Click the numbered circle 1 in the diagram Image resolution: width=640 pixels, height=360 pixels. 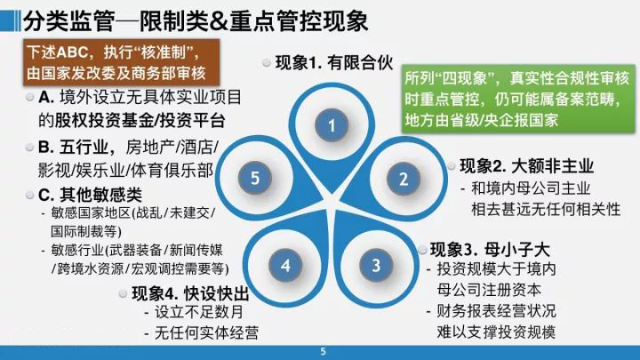(332, 125)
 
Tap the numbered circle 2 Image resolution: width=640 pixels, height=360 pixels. (404, 179)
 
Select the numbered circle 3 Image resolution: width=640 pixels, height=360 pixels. (376, 265)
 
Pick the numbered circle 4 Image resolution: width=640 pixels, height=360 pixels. (285, 265)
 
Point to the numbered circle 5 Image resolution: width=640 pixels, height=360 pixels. (255, 178)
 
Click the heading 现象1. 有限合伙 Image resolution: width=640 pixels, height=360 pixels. (334, 63)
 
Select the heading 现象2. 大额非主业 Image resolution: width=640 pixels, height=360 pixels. (526, 166)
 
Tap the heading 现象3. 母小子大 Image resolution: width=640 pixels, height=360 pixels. (490, 250)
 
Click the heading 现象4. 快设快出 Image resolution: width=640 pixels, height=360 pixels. (190, 293)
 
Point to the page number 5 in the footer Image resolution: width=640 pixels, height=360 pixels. (323, 351)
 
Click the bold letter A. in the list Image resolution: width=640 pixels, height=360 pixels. (46, 98)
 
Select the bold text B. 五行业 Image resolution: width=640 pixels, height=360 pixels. (72, 148)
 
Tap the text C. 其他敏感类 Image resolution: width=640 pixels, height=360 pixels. (90, 195)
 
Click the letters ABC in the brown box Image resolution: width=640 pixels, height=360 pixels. (72, 52)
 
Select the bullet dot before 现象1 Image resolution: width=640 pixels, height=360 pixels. (267, 63)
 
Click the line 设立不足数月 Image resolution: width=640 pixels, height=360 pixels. (199, 312)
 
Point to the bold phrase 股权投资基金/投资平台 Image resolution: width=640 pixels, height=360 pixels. (140, 120)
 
